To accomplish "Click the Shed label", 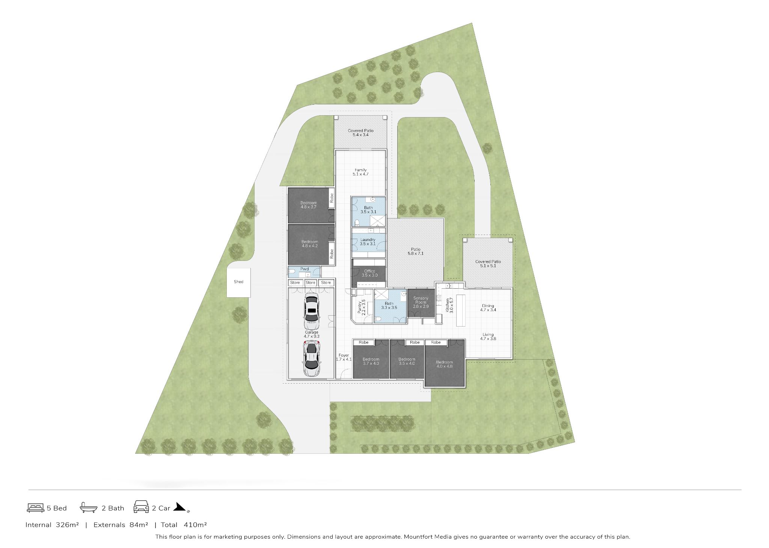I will pyautogui.click(x=238, y=282).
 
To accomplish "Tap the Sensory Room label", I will pyautogui.click(x=421, y=302).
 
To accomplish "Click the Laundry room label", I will pyautogui.click(x=368, y=242).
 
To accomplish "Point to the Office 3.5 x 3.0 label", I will pyautogui.click(x=369, y=273).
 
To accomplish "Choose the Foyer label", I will pyautogui.click(x=344, y=357).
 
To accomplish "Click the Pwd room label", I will pyautogui.click(x=305, y=269).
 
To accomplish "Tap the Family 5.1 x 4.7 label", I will pyautogui.click(x=360, y=172).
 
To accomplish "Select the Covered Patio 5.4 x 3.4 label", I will pyautogui.click(x=360, y=133).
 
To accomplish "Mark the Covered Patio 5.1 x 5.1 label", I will pyautogui.click(x=488, y=264).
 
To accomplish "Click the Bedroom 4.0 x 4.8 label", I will pyautogui.click(x=444, y=364).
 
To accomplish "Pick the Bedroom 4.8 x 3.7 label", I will pyautogui.click(x=309, y=205).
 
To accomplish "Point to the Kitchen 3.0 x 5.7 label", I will pyautogui.click(x=449, y=305).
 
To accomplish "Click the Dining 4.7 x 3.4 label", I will pyautogui.click(x=488, y=308).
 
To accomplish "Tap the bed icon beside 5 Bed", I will pyautogui.click(x=36, y=508).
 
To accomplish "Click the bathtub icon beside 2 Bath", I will pyautogui.click(x=89, y=508).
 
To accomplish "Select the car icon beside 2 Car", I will pyautogui.click(x=141, y=507).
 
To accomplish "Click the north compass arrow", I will pyautogui.click(x=180, y=507).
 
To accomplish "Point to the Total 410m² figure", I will pyautogui.click(x=184, y=525).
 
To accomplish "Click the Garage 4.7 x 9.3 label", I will pyautogui.click(x=311, y=334).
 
